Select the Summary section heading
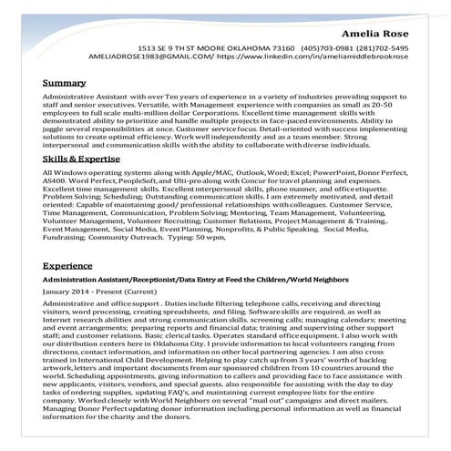click(65, 82)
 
